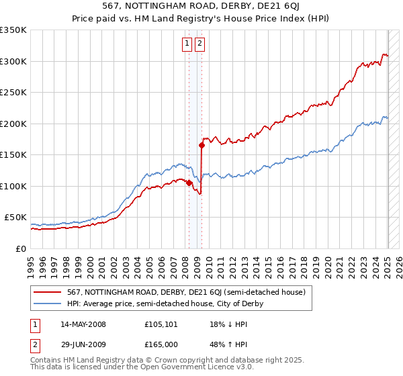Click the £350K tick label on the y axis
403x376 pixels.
[x=13, y=30]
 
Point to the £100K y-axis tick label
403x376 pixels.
[x=13, y=186]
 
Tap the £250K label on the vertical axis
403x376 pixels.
[x=13, y=93]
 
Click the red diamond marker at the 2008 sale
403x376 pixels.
[x=189, y=183]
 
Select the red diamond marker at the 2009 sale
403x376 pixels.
[x=202, y=145]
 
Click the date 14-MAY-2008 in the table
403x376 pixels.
[x=83, y=324]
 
